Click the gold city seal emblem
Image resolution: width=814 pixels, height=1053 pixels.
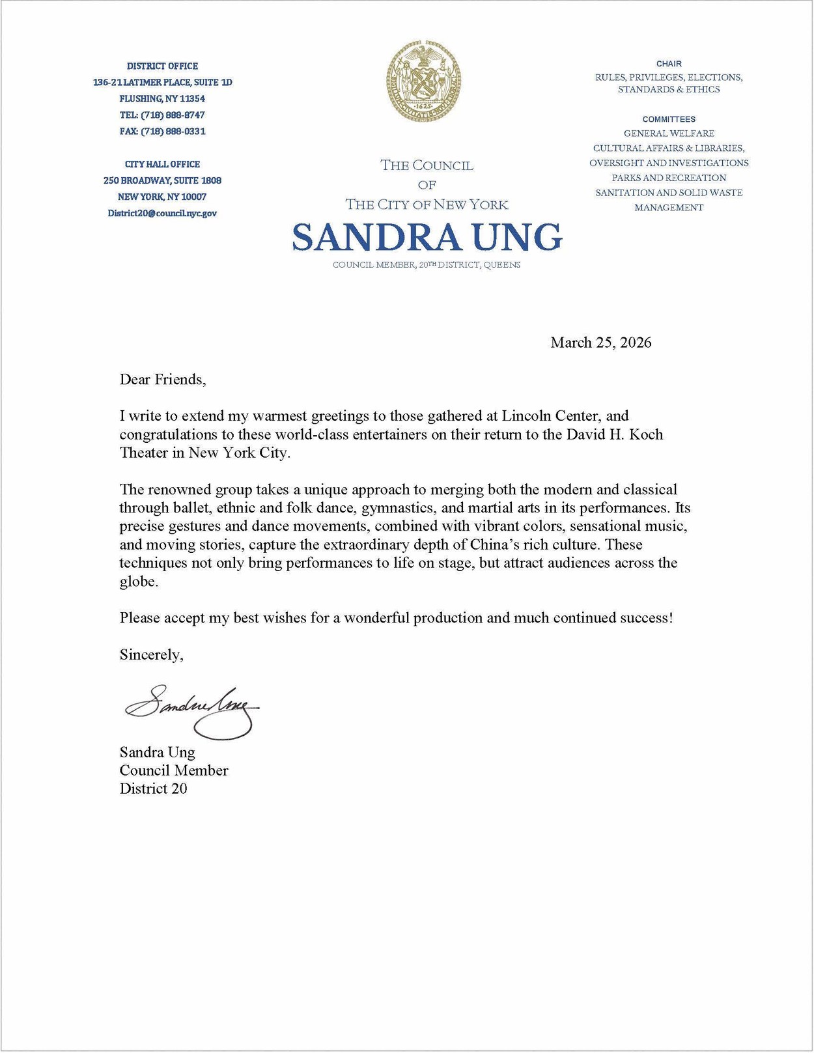point(424,81)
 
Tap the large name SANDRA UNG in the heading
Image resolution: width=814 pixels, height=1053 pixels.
point(427,236)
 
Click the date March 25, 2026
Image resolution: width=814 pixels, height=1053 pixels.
point(600,343)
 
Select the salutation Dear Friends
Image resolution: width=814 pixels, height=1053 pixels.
point(162,380)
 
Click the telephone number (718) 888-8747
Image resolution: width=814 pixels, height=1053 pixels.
point(173,115)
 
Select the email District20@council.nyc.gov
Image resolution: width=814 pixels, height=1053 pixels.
point(162,213)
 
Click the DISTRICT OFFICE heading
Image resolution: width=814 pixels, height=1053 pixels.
point(162,66)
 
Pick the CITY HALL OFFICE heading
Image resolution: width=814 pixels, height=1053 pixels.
point(162,164)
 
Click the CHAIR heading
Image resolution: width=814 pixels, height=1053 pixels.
point(669,64)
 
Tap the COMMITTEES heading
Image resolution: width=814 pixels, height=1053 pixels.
point(669,119)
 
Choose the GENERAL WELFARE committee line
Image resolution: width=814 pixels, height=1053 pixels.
point(669,133)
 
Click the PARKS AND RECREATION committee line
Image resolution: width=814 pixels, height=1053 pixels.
point(669,178)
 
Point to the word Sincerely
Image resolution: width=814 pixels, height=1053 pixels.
point(151,654)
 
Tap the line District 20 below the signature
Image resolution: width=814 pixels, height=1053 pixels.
point(153,789)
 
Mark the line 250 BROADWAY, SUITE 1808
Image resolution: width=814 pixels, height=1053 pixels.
point(162,180)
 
